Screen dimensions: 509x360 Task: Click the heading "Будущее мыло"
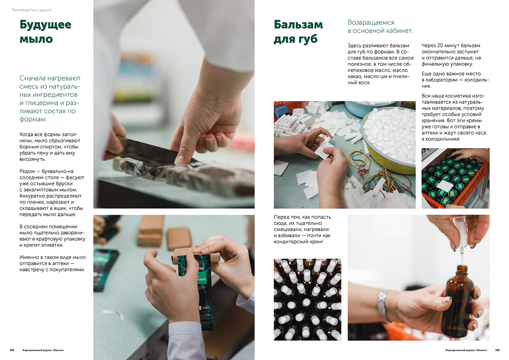coord(45,32)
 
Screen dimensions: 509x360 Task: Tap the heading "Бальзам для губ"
coord(298,32)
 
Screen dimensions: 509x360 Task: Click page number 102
coord(12,350)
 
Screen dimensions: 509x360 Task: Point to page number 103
coord(497,350)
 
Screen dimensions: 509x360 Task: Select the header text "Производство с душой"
coord(31,10)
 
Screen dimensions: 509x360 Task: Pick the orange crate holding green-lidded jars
coord(455,179)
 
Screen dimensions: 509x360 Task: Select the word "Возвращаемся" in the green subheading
coord(371,22)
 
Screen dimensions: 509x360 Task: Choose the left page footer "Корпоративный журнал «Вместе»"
coord(43,350)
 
